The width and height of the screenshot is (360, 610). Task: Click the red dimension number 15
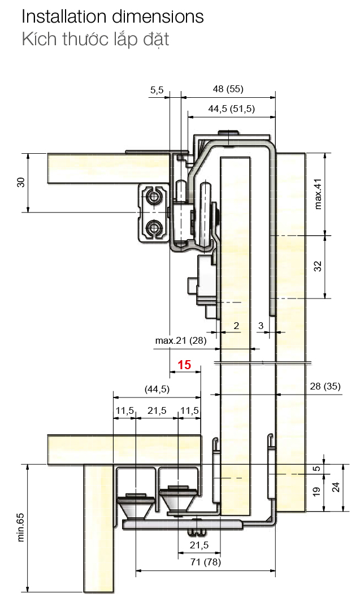pos(184,365)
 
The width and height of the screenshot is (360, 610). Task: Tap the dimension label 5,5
pos(157,90)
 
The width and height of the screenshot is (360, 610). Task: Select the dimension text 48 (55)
pos(228,89)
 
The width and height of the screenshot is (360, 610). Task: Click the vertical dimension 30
pos(21,182)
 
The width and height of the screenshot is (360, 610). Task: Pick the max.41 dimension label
pos(318,194)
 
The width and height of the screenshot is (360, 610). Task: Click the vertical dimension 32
pos(318,266)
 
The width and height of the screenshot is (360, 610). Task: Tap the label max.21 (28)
pos(181,341)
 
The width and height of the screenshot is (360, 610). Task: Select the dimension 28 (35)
pos(325,386)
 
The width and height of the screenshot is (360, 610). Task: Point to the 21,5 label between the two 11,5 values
pos(157,411)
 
